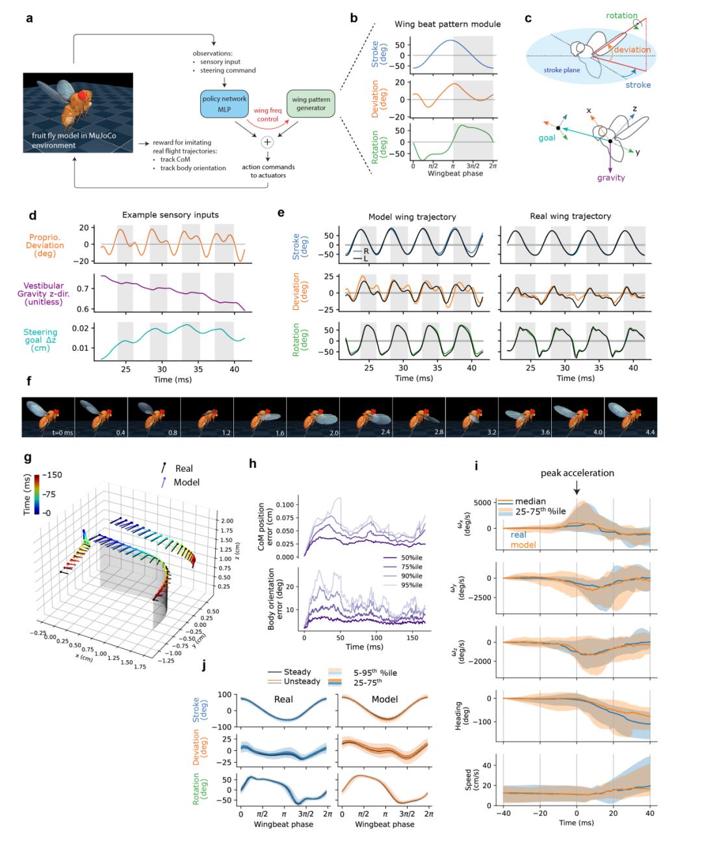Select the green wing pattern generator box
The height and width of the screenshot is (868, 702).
(x=310, y=104)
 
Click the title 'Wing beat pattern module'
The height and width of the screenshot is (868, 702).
(x=447, y=24)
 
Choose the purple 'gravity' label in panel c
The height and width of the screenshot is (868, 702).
(x=611, y=177)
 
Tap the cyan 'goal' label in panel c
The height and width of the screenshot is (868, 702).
(x=545, y=138)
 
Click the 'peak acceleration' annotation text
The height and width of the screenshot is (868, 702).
(x=577, y=473)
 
